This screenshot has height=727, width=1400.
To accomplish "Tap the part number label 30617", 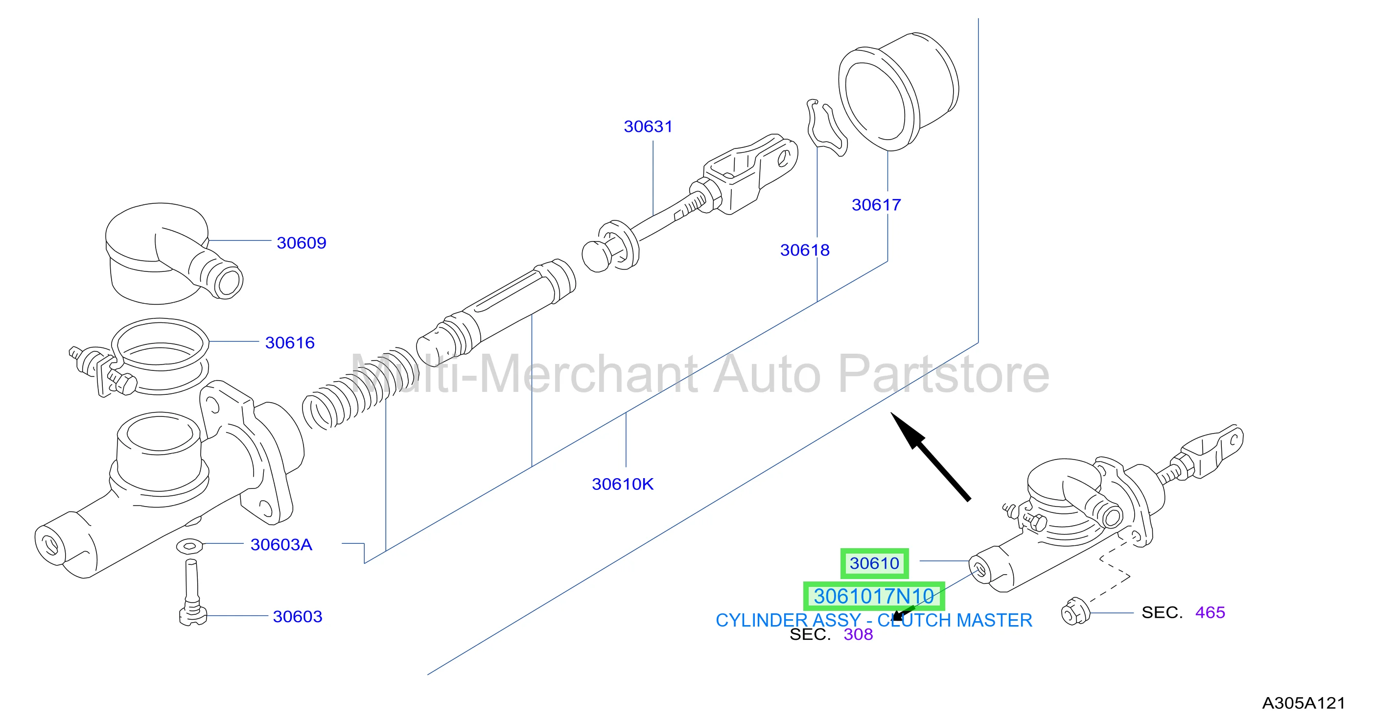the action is (x=876, y=205).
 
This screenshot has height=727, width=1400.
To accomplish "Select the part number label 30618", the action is (x=805, y=250).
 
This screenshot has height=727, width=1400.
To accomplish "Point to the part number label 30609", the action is (x=302, y=243).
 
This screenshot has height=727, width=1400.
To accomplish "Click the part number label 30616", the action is (x=290, y=343).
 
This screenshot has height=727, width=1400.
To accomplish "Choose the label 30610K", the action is (x=623, y=485).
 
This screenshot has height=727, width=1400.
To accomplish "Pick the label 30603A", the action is (x=281, y=545).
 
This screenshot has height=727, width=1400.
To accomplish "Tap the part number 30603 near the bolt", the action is (x=297, y=617).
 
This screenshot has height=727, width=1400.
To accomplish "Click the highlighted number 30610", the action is (x=874, y=563).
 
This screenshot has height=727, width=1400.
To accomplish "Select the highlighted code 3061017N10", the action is (x=874, y=597).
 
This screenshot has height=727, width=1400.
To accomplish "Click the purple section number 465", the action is (x=1211, y=613).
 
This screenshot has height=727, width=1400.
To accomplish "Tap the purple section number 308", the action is (x=858, y=634).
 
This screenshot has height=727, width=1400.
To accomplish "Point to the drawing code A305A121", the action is (x=1303, y=703).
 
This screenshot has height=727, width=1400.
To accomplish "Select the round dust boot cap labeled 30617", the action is (x=899, y=91).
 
